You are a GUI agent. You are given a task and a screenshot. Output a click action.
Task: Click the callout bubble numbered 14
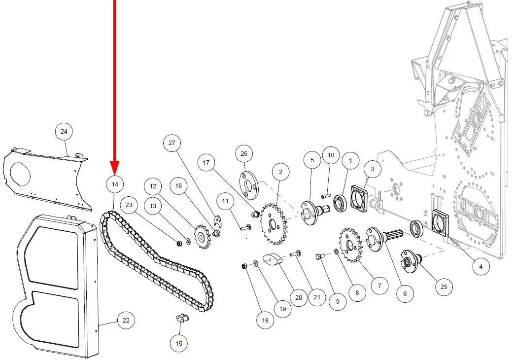115,184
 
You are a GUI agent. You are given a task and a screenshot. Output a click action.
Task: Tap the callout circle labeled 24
64,132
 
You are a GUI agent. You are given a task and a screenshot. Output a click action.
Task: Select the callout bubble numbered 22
126,321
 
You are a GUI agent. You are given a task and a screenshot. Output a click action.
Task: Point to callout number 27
172,143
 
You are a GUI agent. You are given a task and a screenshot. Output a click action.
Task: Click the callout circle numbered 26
244,154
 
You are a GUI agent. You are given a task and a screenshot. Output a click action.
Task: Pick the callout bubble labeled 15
179,343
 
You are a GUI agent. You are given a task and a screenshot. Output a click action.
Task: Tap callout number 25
444,287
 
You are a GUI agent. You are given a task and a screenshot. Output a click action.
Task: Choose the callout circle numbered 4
481,267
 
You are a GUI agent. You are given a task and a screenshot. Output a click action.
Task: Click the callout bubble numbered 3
373,169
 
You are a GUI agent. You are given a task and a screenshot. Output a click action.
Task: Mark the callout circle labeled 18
265,320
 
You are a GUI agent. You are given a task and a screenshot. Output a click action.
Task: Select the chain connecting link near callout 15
181,319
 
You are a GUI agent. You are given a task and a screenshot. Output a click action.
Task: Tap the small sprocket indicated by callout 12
202,236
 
